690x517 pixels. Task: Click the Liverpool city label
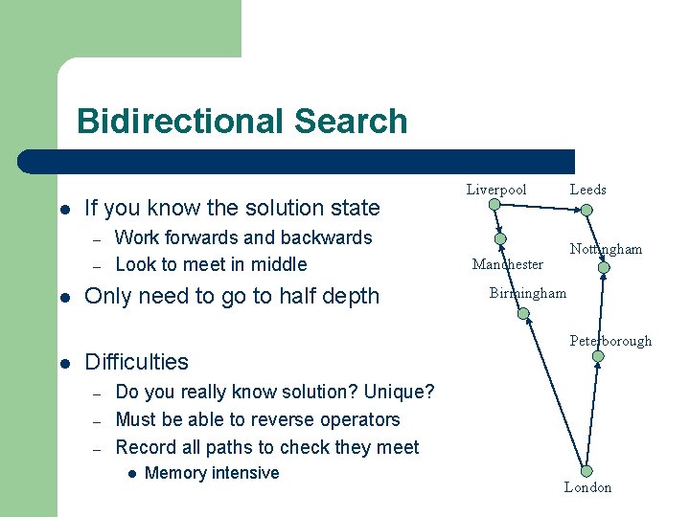click(496, 190)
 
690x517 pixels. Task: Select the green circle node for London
click(586, 471)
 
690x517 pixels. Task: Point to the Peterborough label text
click(610, 341)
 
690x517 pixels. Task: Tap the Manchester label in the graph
click(507, 264)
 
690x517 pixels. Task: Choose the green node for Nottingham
click(604, 268)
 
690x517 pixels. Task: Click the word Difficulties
click(137, 362)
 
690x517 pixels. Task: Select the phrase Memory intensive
click(212, 473)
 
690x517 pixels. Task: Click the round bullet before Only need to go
click(63, 297)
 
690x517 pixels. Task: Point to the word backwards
click(324, 237)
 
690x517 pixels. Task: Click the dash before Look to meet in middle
click(96, 265)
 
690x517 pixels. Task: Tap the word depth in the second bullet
click(354, 297)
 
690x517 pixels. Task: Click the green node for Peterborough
click(597, 356)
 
